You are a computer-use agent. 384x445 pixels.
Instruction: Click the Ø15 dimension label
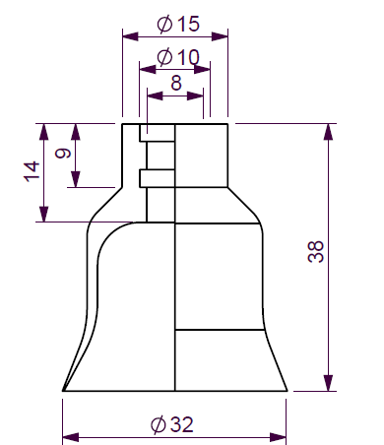point(178,24)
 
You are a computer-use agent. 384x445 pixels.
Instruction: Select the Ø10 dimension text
point(178,57)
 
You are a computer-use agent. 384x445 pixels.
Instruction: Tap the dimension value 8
point(176,83)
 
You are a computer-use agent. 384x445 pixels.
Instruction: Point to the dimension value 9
point(63,154)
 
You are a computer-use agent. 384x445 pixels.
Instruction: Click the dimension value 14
point(32,171)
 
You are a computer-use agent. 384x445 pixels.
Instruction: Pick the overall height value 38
point(316,252)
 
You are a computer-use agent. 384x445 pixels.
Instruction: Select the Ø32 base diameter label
point(172,424)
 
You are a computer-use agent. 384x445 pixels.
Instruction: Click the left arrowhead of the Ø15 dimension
point(130,36)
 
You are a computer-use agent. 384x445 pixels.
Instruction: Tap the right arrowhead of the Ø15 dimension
point(220,36)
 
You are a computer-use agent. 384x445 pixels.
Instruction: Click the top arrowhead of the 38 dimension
point(328,132)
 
